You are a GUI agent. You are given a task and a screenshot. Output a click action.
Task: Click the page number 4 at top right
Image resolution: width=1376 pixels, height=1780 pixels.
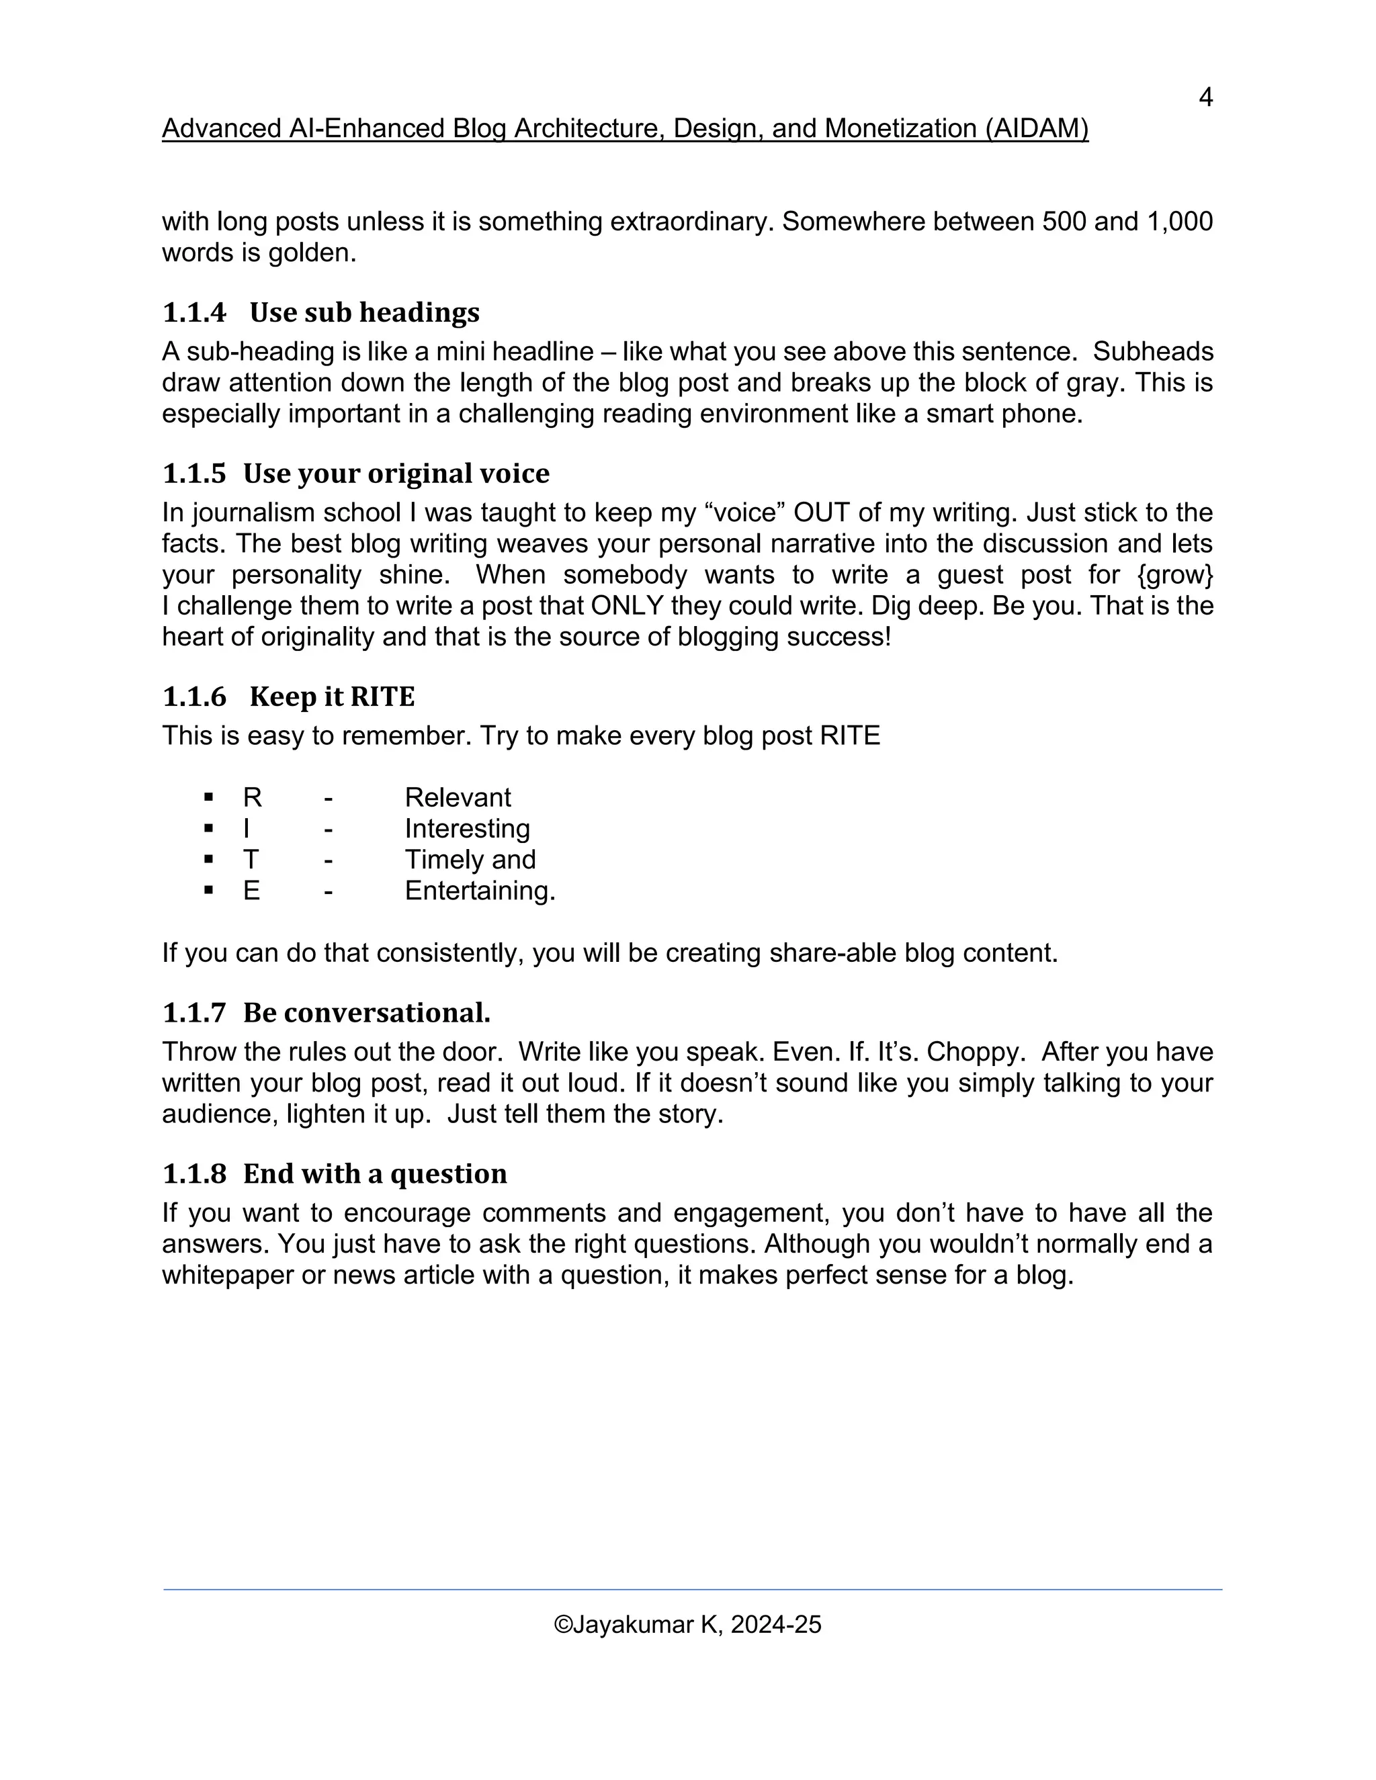(x=1205, y=98)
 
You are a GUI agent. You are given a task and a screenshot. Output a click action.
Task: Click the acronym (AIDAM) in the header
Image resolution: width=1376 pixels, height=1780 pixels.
(x=1036, y=129)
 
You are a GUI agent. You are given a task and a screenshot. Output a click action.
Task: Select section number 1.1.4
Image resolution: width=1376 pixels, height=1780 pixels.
(x=194, y=313)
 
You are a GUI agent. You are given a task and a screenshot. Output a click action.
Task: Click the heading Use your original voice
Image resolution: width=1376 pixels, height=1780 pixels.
(x=396, y=474)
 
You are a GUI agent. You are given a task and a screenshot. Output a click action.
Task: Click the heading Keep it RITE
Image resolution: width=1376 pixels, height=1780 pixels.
(x=332, y=697)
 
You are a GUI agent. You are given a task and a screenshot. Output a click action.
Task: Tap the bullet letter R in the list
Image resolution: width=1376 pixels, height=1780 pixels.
(x=252, y=797)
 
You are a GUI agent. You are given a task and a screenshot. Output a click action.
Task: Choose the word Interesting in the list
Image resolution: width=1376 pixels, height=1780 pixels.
(x=467, y=829)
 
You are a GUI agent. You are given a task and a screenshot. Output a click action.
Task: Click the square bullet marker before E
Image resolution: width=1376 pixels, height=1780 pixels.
(x=210, y=891)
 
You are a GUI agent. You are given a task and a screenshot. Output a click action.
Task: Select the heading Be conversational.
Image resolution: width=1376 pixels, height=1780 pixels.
(x=367, y=1013)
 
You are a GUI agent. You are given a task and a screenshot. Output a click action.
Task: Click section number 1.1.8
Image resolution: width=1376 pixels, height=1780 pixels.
(x=194, y=1174)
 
